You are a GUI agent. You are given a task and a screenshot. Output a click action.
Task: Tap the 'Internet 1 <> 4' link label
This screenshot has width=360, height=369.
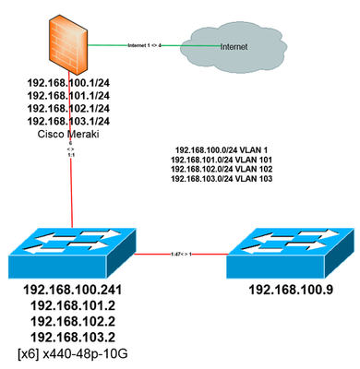[151, 43]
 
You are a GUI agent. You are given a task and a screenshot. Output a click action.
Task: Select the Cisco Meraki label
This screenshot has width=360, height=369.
[66, 134]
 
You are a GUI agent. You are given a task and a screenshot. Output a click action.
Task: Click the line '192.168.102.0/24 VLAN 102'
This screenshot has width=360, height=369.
[224, 168]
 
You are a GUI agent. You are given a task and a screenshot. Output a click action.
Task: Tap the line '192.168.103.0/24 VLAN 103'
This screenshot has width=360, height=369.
[224, 178]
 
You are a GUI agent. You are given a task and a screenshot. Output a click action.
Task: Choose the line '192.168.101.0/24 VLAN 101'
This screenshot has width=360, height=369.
[224, 158]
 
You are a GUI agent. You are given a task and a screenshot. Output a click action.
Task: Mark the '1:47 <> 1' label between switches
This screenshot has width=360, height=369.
[182, 252]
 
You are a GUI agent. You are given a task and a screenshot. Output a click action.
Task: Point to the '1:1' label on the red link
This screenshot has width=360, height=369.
[70, 154]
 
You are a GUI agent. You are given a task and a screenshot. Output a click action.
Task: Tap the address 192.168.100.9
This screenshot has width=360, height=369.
[287, 289]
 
